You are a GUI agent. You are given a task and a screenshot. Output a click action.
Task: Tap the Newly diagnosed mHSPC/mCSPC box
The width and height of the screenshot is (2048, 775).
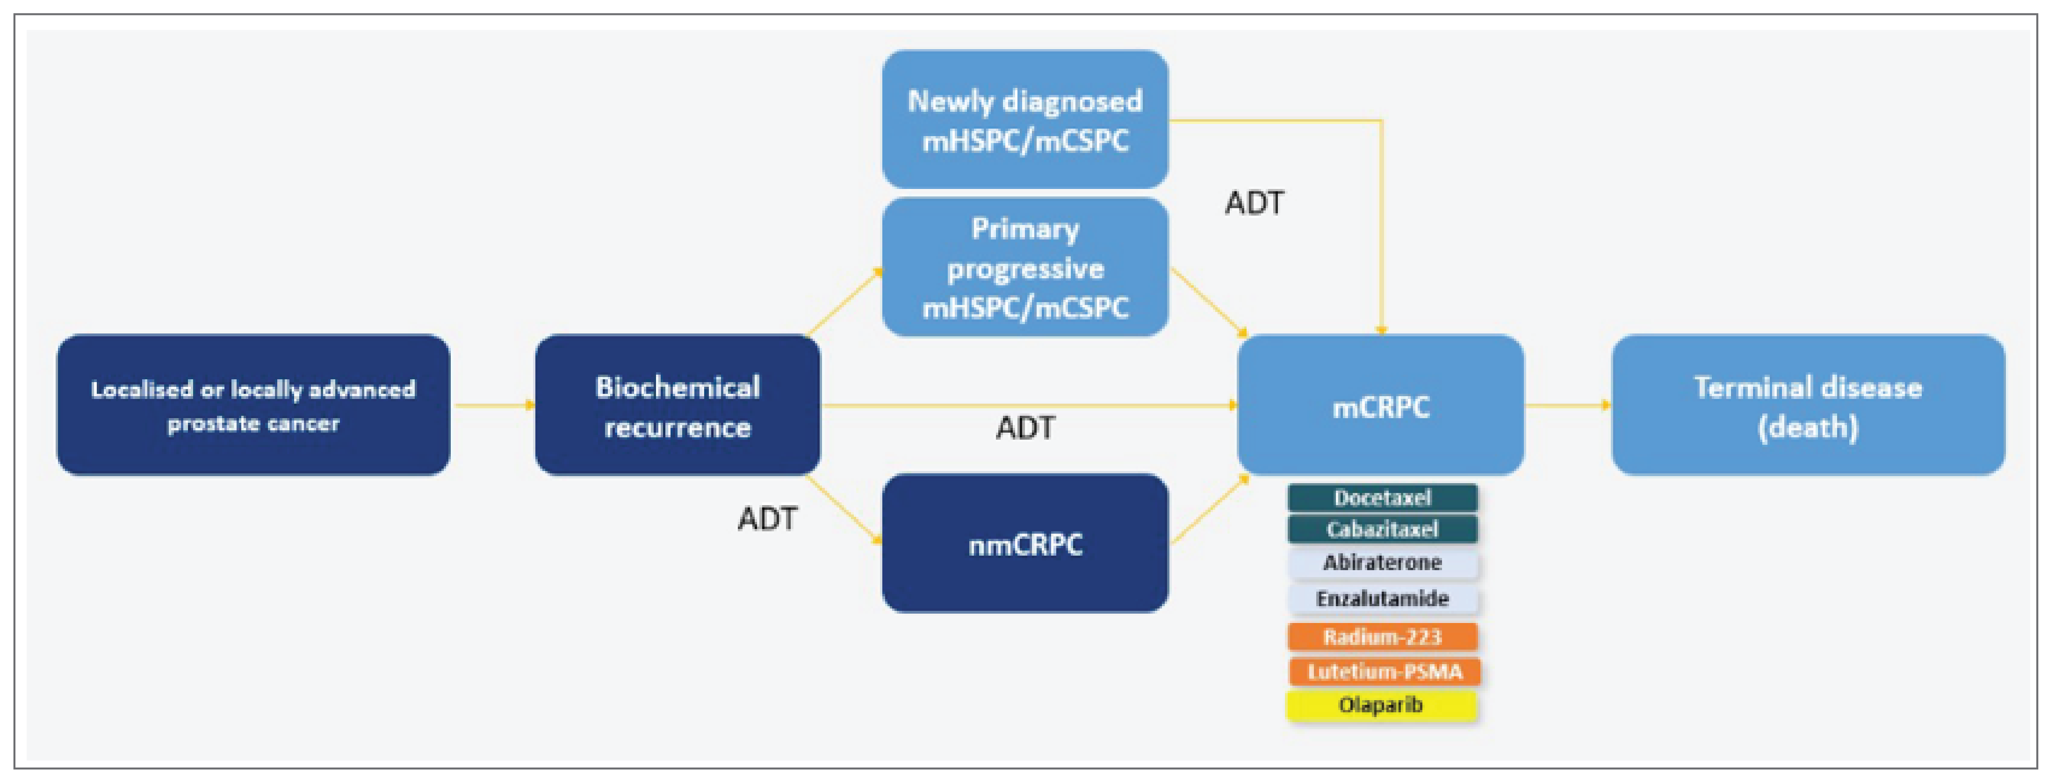(x=1025, y=119)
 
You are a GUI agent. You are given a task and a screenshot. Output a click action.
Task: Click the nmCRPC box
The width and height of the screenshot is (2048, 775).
(x=1025, y=543)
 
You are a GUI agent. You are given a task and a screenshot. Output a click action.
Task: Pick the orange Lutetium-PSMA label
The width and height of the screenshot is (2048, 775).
(x=1384, y=672)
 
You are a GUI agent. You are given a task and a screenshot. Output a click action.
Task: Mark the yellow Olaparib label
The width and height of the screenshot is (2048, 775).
(x=1380, y=705)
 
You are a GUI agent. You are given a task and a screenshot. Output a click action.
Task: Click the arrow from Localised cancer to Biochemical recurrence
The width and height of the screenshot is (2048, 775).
(x=493, y=406)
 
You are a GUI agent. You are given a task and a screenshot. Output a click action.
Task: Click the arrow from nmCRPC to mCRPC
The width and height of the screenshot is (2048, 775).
(x=1208, y=510)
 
